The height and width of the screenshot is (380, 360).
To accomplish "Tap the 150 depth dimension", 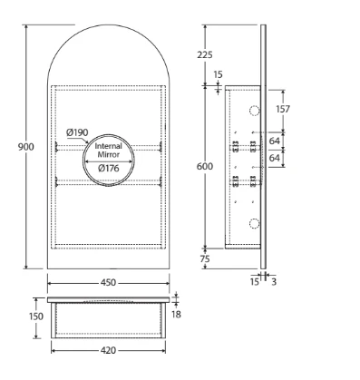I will (x=34, y=317).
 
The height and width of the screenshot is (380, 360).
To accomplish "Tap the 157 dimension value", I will (x=282, y=110).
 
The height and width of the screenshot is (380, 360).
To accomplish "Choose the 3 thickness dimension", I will (x=274, y=282).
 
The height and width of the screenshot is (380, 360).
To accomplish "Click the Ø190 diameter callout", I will (x=78, y=133).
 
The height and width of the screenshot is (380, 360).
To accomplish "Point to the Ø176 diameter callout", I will (x=109, y=169).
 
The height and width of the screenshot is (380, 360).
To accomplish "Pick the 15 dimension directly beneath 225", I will (x=219, y=74).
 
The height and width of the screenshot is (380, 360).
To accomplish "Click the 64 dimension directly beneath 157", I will (x=275, y=141).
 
